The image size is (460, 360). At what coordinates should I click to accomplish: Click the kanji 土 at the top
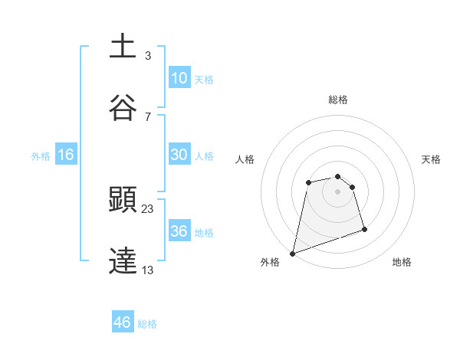coord(123,47)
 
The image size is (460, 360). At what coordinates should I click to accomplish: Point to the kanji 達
coord(123,261)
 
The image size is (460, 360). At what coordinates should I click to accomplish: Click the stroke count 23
coord(148,208)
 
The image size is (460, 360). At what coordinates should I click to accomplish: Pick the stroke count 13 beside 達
coord(148,269)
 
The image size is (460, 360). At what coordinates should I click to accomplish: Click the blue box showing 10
coord(179,78)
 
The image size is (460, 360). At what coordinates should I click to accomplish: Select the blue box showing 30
coord(179,155)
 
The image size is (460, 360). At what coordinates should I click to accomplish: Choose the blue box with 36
coord(179,231)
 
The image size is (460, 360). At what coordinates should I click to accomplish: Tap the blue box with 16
coord(66,155)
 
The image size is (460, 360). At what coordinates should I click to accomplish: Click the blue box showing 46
coord(123,322)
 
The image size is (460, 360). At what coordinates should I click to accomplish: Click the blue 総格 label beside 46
coord(147,324)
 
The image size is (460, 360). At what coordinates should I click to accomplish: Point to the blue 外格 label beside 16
coord(41,156)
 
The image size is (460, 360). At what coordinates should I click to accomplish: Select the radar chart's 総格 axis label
coord(338,100)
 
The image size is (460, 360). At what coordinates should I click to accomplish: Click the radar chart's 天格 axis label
coord(432,159)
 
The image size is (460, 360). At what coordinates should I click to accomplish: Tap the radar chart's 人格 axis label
coord(245,159)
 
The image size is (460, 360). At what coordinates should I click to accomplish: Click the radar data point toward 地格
coord(364,229)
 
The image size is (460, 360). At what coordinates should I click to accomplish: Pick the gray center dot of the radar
coord(338,191)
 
